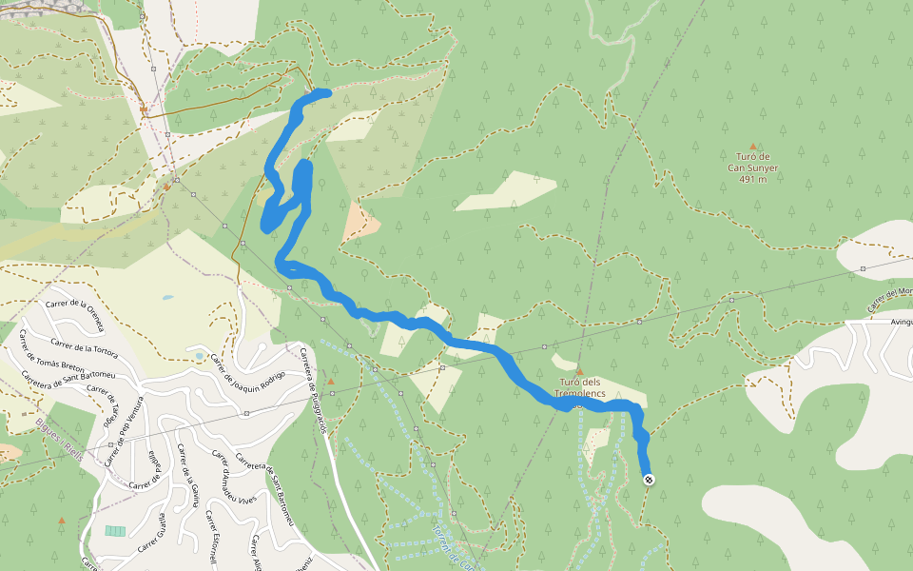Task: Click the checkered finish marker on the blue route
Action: pyautogui.click(x=648, y=480)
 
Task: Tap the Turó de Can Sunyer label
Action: pyautogui.click(x=752, y=162)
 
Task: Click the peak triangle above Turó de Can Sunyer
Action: pyautogui.click(x=753, y=147)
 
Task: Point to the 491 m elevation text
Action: pyautogui.click(x=752, y=179)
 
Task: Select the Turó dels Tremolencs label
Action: pyautogui.click(x=579, y=388)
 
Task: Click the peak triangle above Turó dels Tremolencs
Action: pyautogui.click(x=579, y=371)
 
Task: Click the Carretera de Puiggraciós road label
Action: pyautogui.click(x=314, y=390)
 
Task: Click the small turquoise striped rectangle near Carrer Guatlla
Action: pyautogui.click(x=115, y=530)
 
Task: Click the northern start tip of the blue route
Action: pyautogui.click(x=326, y=92)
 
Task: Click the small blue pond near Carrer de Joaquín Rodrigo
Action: pyautogui.click(x=167, y=298)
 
